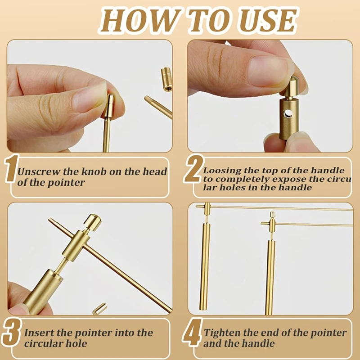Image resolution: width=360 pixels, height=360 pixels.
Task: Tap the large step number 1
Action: click(11, 170)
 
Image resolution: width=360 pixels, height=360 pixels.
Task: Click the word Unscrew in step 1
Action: click(36, 172)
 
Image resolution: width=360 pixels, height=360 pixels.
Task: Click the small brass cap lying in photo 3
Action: click(99, 309)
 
